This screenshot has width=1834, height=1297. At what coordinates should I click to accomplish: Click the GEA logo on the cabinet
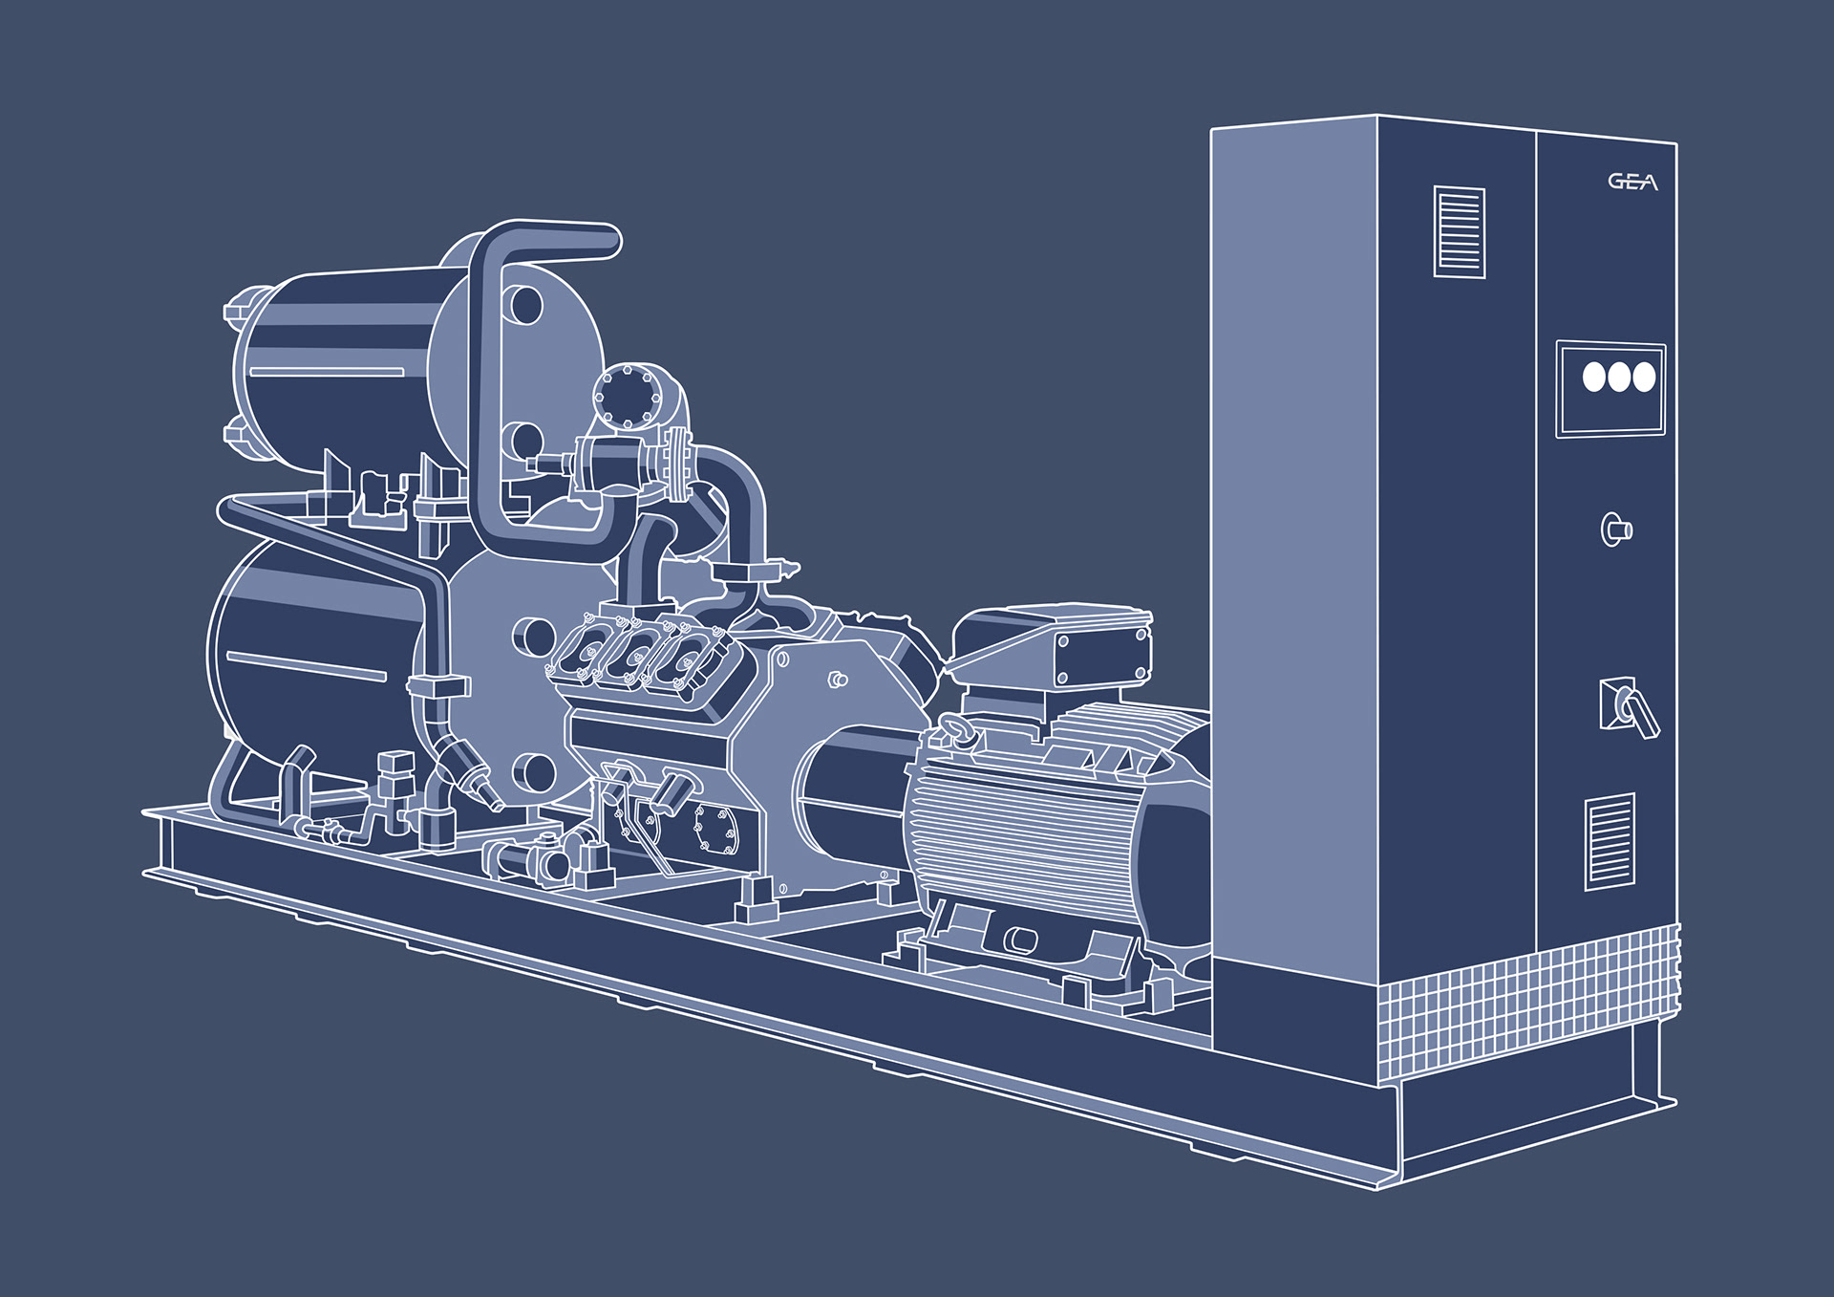(x=1632, y=182)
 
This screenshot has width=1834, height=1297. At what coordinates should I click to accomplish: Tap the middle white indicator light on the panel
(x=1619, y=377)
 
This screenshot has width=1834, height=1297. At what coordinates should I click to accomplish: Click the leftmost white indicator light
(x=1594, y=376)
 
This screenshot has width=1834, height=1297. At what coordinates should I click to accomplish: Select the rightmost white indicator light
(x=1644, y=378)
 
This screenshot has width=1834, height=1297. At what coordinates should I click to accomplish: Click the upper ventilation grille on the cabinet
(x=1460, y=232)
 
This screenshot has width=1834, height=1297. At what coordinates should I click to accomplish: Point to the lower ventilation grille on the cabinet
(x=1610, y=841)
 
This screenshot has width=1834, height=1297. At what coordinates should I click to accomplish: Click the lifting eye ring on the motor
(x=958, y=731)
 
